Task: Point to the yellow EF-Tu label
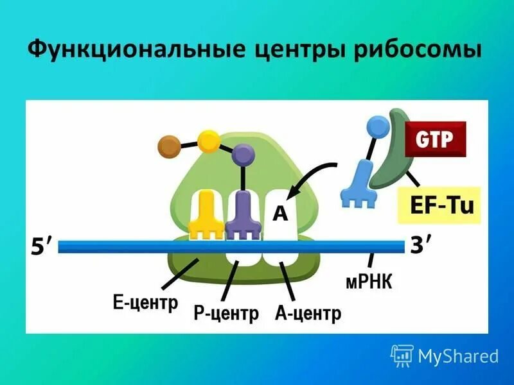(x=439, y=206)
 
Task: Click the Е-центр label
(x=145, y=302)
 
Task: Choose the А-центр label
(x=308, y=314)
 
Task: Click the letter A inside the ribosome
(x=280, y=213)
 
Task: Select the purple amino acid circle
(x=243, y=154)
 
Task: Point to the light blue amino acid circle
(x=377, y=126)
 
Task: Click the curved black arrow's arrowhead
(x=291, y=191)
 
